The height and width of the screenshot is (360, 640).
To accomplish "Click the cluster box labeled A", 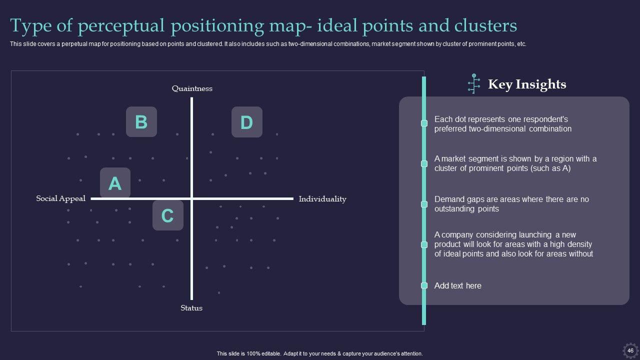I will tap(115, 183).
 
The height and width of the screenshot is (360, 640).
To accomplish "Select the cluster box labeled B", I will tap(141, 122).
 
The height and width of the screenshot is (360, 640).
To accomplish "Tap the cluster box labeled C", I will tap(167, 215).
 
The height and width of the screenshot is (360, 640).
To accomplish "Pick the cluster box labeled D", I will tap(246, 122).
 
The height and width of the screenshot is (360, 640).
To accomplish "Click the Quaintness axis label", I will tap(192, 88).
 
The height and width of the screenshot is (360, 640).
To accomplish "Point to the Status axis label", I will tap(191, 308).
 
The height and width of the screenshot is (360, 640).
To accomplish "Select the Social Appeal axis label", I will tap(61, 198).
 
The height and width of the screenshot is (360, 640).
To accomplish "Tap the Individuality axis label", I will tap(322, 199).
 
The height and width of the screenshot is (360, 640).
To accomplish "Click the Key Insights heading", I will tap(527, 84).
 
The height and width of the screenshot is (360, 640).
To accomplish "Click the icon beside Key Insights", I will tap(473, 83).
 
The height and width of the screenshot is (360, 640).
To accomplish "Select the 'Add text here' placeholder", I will tap(458, 285).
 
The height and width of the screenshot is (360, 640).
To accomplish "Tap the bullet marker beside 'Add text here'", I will tap(424, 285).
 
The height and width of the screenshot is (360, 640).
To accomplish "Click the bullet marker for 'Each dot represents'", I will tap(424, 123).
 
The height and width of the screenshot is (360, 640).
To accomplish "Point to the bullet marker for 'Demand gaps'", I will tap(424, 204).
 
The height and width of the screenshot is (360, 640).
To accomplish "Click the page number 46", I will tap(630, 351).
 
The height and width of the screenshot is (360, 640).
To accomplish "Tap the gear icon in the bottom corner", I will tap(630, 350).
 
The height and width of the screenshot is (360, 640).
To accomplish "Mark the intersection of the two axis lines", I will tap(192, 198).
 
